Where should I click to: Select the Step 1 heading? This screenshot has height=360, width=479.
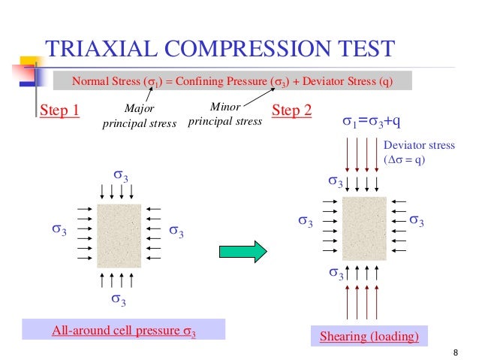pos(59,111)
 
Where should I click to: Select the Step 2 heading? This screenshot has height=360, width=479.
pos(291,111)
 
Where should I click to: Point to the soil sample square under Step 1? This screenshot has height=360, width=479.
pos(119,235)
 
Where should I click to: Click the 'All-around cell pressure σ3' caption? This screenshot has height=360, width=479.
pos(123,330)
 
